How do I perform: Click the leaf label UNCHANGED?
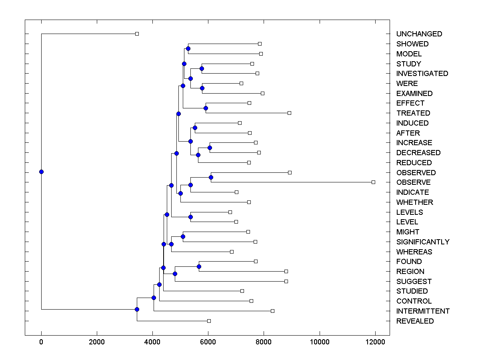pos(419,34)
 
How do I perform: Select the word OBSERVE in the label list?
pos(414,182)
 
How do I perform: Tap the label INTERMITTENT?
pos(423,311)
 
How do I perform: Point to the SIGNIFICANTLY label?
pos(423,242)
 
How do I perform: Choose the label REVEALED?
pos(415,321)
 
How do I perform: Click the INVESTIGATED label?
pos(422,74)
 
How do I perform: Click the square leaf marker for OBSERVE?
pos(373,182)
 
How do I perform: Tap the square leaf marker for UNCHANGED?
pos(137,34)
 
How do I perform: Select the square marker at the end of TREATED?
pos(289,113)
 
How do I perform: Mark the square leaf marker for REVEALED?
pos(209,321)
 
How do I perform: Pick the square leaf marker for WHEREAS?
pos(232,252)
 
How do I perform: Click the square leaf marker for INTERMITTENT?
pos(272,311)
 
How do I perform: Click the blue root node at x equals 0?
pos(41,172)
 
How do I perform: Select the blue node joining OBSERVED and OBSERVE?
pos(211,177)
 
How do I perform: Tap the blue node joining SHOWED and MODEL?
pos(188,48)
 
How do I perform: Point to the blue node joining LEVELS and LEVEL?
pos(190,217)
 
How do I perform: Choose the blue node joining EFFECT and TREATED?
pos(206,108)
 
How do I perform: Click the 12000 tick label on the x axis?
pos(375,342)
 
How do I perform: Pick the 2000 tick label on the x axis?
pos(97,342)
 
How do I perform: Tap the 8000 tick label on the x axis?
pos(264,342)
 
